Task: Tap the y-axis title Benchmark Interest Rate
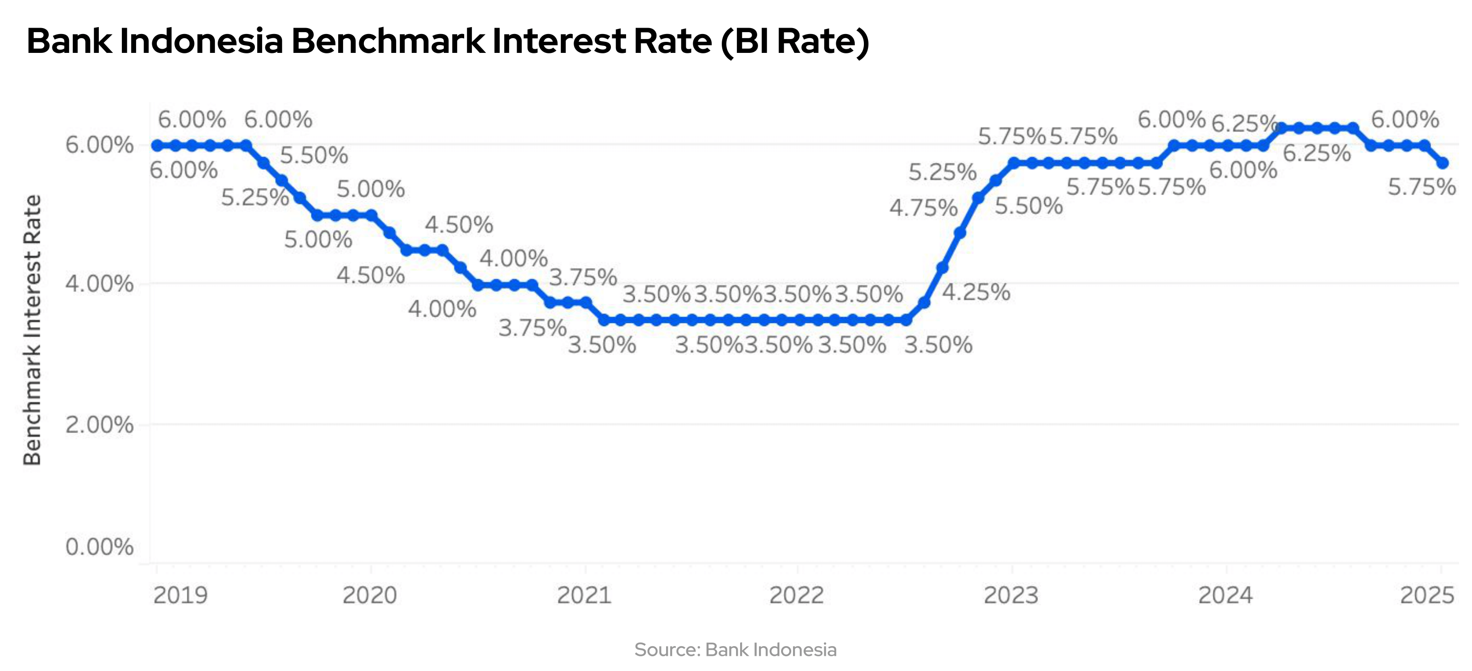[x=33, y=330]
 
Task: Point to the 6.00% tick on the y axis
[x=99, y=145]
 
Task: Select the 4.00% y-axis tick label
[x=99, y=283]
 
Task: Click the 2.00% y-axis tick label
[x=99, y=424]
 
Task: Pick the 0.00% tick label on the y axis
[x=99, y=547]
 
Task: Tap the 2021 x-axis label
[x=584, y=596]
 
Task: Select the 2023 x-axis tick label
[x=1010, y=596]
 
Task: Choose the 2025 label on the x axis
[x=1426, y=596]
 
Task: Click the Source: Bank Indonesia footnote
[x=736, y=650]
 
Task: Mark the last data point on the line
[x=1442, y=163]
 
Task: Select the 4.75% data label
[x=923, y=208]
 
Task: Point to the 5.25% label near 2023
[x=942, y=172]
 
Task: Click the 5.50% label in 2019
[x=314, y=155]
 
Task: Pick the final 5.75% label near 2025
[x=1422, y=187]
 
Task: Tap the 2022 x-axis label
[x=796, y=596]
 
